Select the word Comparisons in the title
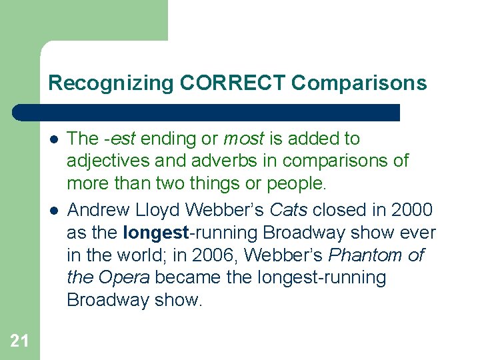[359, 83]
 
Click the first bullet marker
[54, 139]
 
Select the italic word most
[243, 139]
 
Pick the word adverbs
[211, 161]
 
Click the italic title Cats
[289, 211]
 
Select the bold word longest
[156, 233]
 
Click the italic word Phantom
[365, 255]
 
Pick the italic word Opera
[123, 278]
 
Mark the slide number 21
[19, 341]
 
